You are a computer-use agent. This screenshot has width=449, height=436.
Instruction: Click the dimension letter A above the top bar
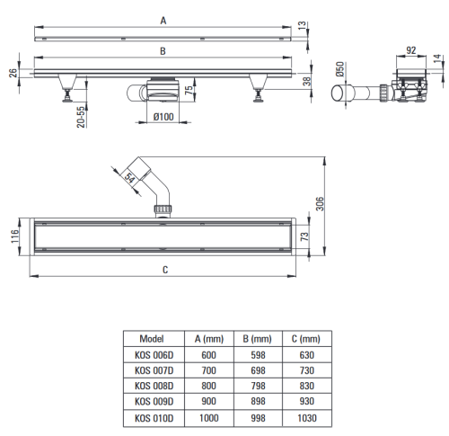point(163,21)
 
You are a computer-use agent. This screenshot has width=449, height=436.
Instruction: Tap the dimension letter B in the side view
point(163,51)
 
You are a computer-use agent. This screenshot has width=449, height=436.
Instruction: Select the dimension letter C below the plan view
point(165,270)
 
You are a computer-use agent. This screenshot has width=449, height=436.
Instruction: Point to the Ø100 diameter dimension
point(163,117)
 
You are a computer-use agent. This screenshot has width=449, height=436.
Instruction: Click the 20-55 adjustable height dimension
point(81,117)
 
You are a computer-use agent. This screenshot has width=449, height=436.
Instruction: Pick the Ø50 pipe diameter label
point(340,69)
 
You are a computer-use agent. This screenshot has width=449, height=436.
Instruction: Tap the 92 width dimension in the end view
point(411,50)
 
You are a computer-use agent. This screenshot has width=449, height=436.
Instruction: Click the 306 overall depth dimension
point(320,204)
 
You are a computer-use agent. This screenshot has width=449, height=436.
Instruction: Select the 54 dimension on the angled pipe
point(129,178)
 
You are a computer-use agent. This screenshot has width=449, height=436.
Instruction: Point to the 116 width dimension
point(15,236)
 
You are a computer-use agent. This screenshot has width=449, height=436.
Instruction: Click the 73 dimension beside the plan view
point(304,236)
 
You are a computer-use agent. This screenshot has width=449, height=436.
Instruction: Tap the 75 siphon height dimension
point(189,90)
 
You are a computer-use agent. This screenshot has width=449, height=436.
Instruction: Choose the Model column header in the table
point(152,339)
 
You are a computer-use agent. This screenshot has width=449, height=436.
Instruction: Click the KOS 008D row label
point(154,386)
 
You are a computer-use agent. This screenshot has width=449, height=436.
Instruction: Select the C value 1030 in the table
point(306,418)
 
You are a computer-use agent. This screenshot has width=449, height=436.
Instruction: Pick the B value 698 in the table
point(258,370)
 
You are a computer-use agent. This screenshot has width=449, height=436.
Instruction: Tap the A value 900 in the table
point(208,402)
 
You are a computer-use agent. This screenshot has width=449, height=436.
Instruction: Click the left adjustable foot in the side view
point(67,89)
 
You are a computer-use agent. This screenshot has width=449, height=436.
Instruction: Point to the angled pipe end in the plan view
point(137,168)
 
